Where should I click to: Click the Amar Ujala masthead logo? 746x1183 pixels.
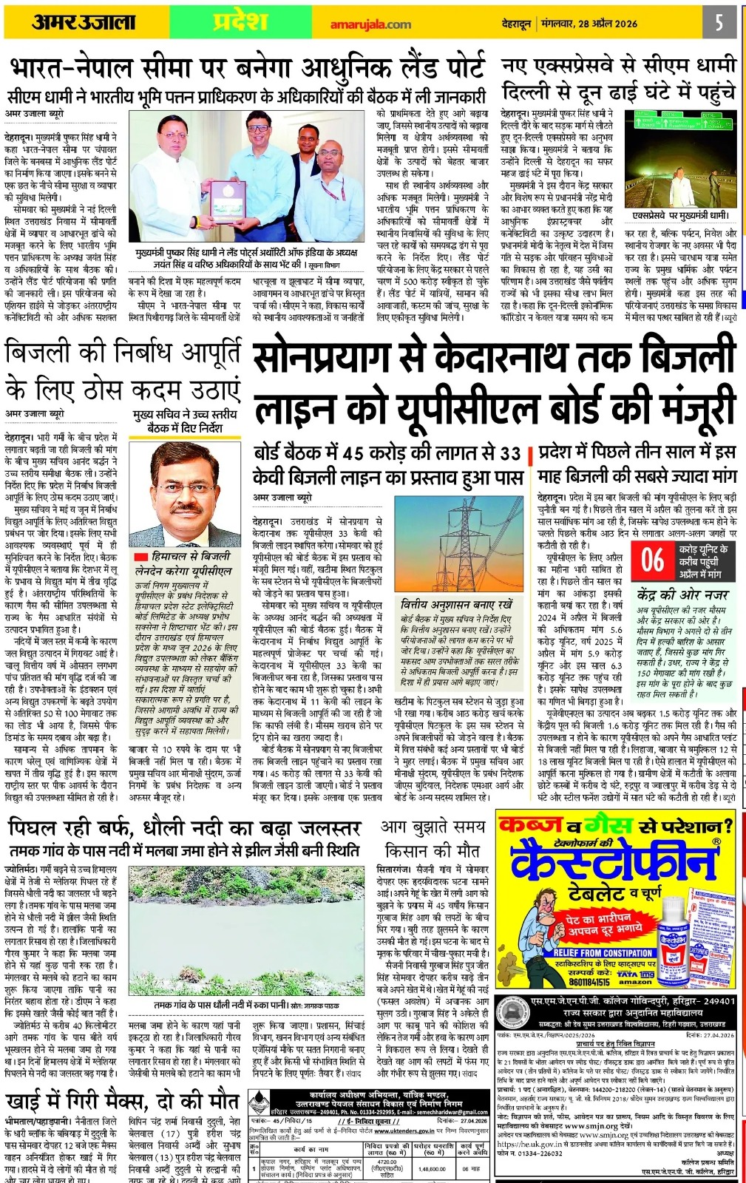[83, 22]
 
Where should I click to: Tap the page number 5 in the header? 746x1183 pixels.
[719, 22]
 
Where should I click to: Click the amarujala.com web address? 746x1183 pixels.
[370, 24]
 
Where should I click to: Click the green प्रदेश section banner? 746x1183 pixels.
[240, 22]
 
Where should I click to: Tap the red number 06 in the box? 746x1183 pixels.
[652, 560]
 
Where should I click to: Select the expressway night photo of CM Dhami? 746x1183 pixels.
[680, 159]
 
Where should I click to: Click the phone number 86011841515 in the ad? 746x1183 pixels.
[589, 982]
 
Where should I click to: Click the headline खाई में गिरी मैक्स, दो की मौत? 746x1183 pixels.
[122, 1100]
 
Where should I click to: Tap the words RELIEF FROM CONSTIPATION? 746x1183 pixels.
[602, 952]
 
